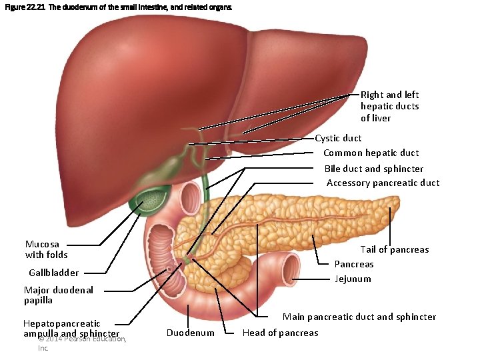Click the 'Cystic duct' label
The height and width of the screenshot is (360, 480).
tap(338, 139)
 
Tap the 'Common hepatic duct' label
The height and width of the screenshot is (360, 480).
tap(371, 153)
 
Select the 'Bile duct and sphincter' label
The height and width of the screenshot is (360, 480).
tap(373, 169)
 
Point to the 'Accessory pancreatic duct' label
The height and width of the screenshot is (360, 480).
tap(383, 183)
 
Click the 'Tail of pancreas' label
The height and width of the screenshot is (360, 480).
tap(394, 250)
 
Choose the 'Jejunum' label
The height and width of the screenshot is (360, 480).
tap(353, 279)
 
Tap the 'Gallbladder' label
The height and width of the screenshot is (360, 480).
tap(53, 273)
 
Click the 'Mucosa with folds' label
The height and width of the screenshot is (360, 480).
tap(46, 249)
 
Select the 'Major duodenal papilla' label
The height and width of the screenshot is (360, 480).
tap(58, 295)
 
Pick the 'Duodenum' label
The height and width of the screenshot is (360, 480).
tap(190, 333)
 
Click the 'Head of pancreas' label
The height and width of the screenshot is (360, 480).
tap(280, 333)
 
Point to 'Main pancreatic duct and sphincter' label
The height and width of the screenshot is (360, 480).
tap(359, 317)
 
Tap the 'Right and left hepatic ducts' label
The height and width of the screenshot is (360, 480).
tap(389, 107)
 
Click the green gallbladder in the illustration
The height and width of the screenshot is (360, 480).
tap(154, 198)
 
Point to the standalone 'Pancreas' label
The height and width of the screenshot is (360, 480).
tap(353, 265)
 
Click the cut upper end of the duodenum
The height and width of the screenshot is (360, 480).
tap(191, 197)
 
